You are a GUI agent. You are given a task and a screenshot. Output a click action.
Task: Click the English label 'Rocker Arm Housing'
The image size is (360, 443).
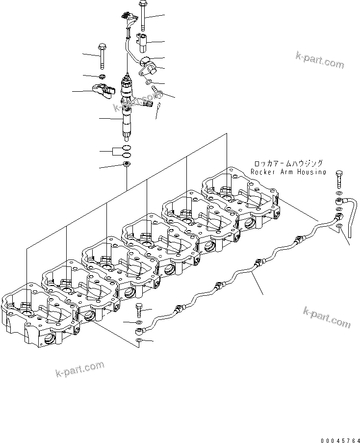pos(288,172)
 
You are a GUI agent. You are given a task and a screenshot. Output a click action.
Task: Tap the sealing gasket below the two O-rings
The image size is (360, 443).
pos(126,164)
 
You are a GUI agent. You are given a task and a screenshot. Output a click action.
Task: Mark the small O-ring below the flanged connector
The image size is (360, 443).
pos(149,81)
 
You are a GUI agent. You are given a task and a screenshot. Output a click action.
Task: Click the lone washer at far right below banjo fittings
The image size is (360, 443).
pos(339,226)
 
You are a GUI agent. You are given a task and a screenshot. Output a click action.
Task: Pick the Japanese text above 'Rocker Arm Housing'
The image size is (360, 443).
pos(288,163)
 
